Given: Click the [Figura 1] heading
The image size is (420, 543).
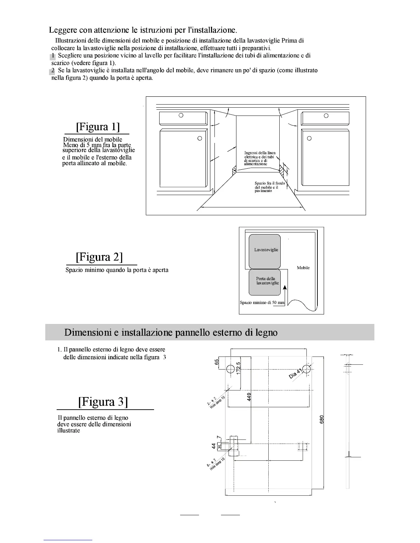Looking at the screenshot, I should point(98,127).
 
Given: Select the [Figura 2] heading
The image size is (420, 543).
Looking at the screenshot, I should point(100,257).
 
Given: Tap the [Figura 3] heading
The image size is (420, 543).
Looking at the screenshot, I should point(103,401).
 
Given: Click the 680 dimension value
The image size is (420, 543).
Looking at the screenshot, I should point(322,420).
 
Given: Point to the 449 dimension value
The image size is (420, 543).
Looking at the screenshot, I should point(249,397).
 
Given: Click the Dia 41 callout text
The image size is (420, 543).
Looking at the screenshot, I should point(295,374).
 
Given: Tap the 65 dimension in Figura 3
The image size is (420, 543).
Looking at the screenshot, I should point(217,362).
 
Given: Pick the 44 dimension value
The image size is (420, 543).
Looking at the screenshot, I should point(214,446).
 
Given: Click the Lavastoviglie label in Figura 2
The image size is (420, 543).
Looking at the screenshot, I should point(266,250).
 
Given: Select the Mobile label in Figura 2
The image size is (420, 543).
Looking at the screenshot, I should point(303,268).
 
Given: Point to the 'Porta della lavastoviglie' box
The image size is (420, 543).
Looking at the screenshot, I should point(265,283).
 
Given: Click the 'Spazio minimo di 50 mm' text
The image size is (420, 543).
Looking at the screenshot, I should point(262,303).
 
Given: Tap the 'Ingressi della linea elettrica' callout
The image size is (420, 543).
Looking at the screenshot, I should point(259,158).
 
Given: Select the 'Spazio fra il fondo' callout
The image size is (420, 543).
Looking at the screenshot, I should point(269,187).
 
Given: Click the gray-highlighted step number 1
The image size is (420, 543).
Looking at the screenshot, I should point(53,56).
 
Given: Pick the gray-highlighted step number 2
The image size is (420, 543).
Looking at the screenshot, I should point(52,71).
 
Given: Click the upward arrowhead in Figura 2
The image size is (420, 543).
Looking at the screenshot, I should point(285,289).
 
